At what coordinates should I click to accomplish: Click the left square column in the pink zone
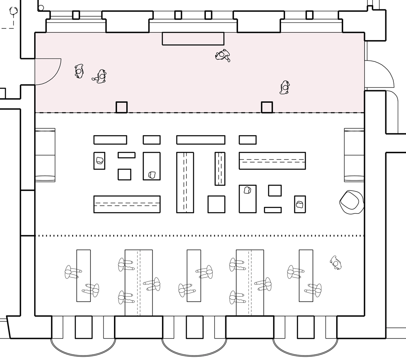click(121, 107)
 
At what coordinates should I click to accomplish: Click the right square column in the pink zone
click(267, 107)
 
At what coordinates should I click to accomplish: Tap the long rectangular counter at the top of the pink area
click(193, 39)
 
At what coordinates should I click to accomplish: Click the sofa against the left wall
click(45, 155)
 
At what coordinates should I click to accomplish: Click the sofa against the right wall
click(354, 155)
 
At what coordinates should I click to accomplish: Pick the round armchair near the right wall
click(351, 202)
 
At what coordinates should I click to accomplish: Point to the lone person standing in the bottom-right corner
click(335, 262)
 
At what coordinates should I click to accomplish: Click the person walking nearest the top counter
click(223, 55)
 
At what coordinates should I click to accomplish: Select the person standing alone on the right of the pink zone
click(285, 87)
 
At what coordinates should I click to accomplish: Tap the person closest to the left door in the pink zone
click(79, 71)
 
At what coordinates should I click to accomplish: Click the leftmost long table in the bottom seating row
click(84, 275)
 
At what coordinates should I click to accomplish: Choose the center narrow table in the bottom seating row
click(194, 275)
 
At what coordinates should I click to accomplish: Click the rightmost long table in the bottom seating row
click(306, 275)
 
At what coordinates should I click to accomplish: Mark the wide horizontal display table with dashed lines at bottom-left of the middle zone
click(127, 204)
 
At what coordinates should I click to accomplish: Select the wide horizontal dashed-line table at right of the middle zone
click(272, 160)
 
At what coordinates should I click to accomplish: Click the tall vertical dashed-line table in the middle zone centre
click(185, 182)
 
